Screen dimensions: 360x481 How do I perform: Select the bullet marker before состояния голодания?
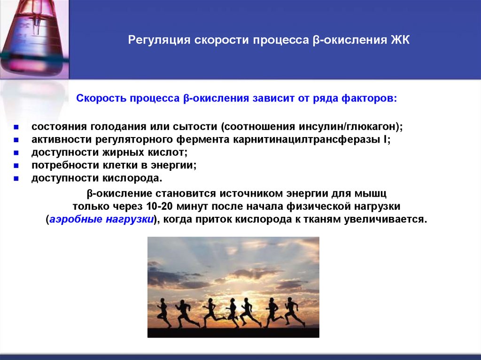(16, 128)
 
